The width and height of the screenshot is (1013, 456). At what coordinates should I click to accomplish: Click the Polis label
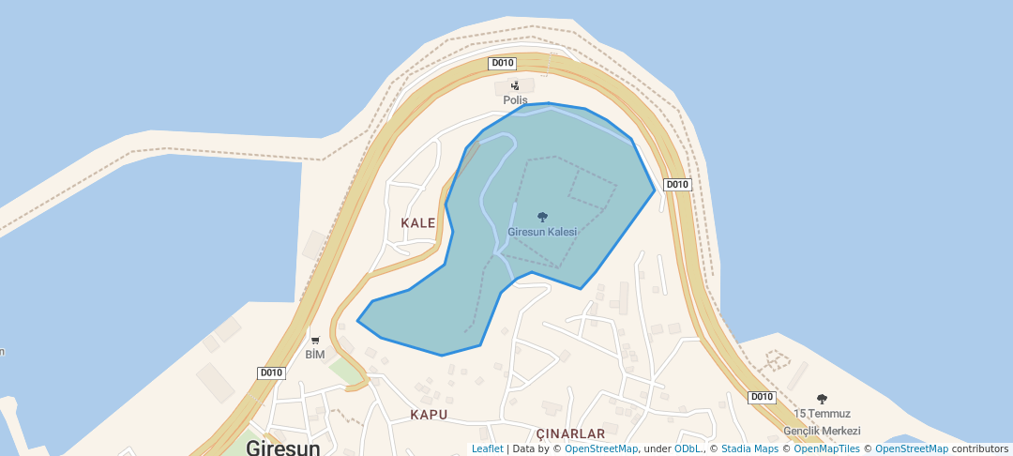pos(515,100)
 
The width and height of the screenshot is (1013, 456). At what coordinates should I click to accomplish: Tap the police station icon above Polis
pos(515,85)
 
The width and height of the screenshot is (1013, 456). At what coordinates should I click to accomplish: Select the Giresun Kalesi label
pos(542,232)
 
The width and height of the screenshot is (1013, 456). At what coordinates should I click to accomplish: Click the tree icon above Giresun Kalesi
pos(542,217)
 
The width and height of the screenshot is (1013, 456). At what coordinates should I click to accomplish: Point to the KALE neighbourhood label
pos(418,223)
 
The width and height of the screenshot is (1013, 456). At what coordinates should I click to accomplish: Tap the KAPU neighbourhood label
pos(429,414)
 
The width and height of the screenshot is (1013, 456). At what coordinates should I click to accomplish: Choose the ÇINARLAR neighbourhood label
pos(570,433)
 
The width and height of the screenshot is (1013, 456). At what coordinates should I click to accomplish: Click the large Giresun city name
pos(283,448)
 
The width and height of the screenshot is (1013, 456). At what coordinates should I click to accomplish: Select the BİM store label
pos(315,355)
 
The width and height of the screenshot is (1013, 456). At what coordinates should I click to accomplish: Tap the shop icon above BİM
pos(315,340)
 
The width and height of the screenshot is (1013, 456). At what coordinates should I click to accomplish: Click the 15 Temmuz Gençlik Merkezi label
pos(822,421)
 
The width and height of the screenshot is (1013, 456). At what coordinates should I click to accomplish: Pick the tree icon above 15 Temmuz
pos(822,399)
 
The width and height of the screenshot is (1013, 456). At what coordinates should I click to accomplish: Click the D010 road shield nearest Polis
pos(503,64)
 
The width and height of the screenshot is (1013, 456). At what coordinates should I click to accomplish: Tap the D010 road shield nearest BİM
pos(271,372)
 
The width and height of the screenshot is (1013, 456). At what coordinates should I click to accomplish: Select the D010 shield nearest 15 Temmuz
pos(762,397)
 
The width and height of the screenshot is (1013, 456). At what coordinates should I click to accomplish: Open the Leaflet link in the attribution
pos(487,448)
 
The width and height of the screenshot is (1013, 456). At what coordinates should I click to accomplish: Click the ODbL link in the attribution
pos(688,448)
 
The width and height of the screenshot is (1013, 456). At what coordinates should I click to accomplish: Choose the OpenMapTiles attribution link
pos(826,448)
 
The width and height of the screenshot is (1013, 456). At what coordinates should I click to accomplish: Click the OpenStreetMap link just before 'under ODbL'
pos(601,448)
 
